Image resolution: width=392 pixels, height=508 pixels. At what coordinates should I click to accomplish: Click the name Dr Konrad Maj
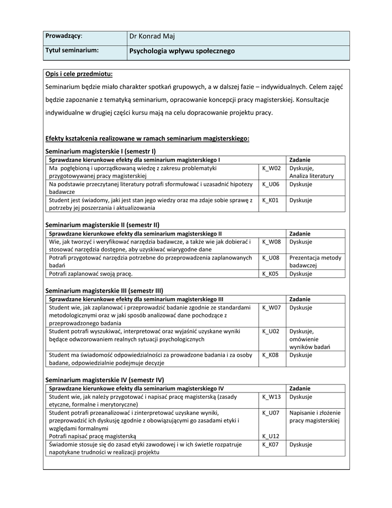[x=152, y=36]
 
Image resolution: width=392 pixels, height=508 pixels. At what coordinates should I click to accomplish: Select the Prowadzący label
[x=64, y=36]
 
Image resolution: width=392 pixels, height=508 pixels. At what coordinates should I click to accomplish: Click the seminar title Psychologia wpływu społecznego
[x=182, y=51]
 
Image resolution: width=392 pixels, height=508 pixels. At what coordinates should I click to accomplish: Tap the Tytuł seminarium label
[x=72, y=51]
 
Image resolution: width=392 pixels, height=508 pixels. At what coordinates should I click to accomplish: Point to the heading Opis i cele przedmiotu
[x=79, y=74]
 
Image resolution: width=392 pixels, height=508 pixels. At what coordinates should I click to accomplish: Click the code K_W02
[x=271, y=168]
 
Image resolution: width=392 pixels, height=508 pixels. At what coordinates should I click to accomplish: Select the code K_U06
[x=271, y=184]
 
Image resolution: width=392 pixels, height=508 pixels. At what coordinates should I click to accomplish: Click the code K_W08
[x=271, y=242]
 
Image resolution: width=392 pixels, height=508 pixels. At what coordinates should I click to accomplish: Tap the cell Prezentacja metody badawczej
[x=315, y=261]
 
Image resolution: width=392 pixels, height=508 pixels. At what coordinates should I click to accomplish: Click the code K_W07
[x=271, y=308]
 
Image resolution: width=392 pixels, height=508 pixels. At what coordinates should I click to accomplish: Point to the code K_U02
[x=271, y=331]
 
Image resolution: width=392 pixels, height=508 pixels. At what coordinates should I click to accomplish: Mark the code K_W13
[x=271, y=397]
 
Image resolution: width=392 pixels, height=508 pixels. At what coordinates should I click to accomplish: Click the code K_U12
[x=271, y=437]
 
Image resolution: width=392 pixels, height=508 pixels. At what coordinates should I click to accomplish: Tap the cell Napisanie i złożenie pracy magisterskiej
[x=315, y=417]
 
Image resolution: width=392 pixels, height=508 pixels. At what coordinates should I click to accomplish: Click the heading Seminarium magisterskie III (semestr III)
[x=104, y=290]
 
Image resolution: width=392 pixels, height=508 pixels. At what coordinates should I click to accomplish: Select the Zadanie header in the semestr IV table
[x=300, y=388]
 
